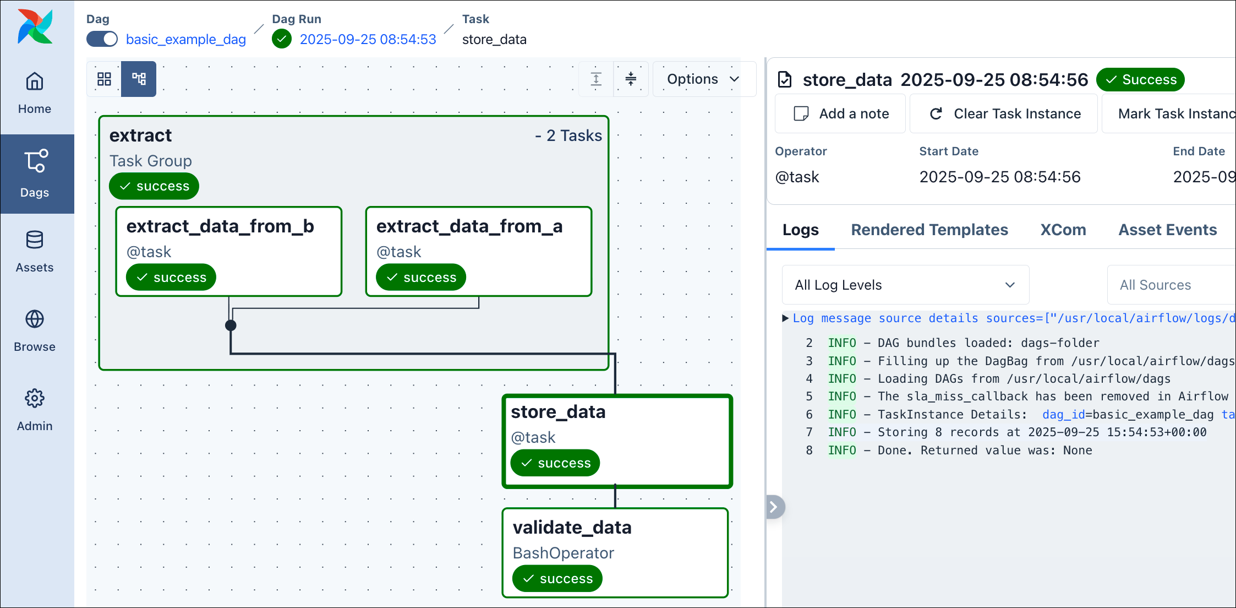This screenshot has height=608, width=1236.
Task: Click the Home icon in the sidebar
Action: (x=35, y=82)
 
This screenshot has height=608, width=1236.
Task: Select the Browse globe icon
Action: (x=35, y=319)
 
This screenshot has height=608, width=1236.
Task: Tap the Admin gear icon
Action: (x=35, y=398)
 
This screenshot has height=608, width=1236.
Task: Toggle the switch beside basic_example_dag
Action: (x=102, y=39)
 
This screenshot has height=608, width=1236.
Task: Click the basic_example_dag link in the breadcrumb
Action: (x=186, y=40)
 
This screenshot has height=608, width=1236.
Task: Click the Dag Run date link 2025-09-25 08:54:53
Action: (x=368, y=40)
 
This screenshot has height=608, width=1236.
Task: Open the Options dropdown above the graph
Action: (x=703, y=79)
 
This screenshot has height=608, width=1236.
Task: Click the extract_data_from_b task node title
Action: (x=220, y=226)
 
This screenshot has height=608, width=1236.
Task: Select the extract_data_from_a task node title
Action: (x=469, y=226)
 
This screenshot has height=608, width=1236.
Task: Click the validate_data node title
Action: (x=572, y=528)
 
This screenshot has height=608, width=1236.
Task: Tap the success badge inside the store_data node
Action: (x=555, y=463)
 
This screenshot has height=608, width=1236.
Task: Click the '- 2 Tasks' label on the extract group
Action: (x=568, y=135)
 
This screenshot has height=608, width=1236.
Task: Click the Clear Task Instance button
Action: (x=1004, y=113)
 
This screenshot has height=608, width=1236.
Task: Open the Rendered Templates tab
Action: (x=929, y=230)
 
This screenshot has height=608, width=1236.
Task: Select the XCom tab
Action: (x=1063, y=230)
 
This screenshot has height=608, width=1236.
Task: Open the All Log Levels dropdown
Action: (x=905, y=285)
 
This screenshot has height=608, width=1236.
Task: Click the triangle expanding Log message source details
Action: (x=785, y=318)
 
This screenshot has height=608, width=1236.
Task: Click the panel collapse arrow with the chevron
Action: (x=774, y=507)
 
